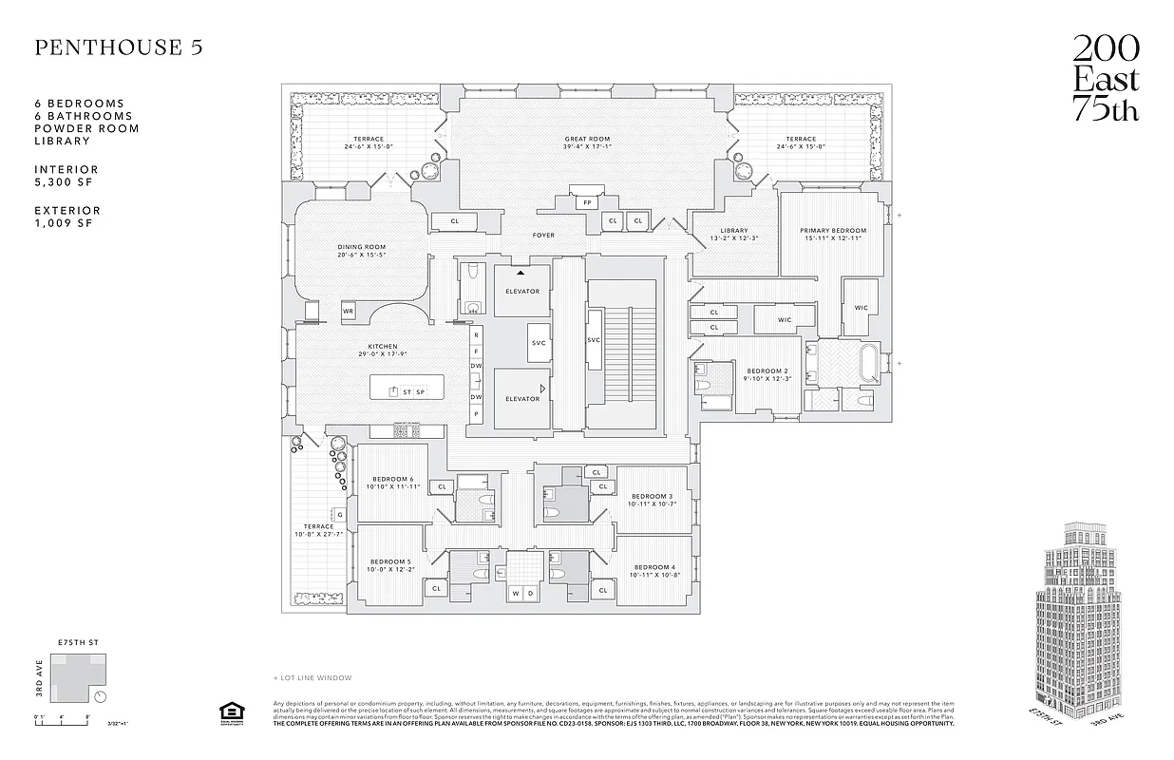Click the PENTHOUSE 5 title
[x=119, y=48]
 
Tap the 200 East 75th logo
[x=1106, y=78]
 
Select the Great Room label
[x=586, y=143]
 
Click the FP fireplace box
[x=587, y=202]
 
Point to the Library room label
[x=733, y=235]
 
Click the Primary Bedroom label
[x=832, y=235]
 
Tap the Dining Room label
[x=361, y=252]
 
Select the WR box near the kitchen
[x=349, y=311]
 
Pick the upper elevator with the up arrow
[x=522, y=290]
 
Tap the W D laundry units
[x=522, y=593]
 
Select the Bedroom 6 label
[x=392, y=483]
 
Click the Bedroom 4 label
[x=653, y=571]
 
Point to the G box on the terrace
[x=339, y=514]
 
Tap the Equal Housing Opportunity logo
[x=229, y=712]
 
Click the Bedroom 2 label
[x=767, y=375]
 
